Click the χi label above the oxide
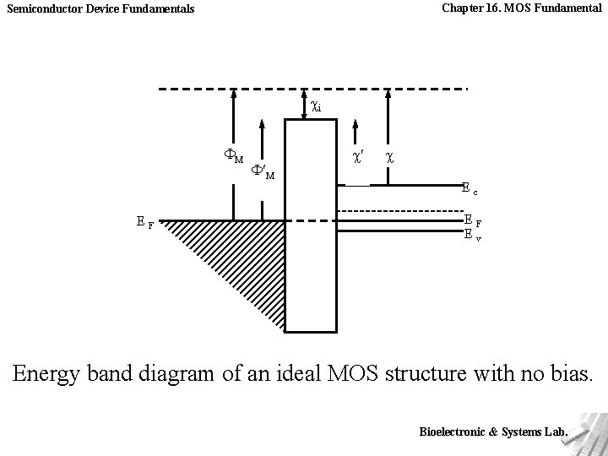316,107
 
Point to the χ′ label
358,157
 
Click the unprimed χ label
388,157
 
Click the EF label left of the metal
144,223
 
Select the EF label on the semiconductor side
473,221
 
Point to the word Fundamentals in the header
160,9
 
